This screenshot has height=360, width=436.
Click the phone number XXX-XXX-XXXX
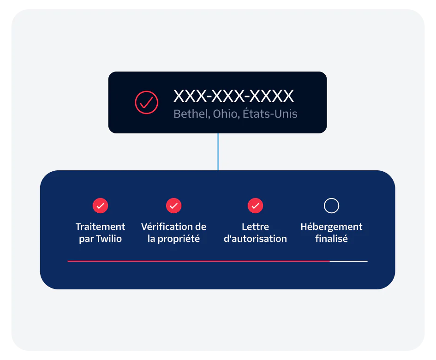[233, 96]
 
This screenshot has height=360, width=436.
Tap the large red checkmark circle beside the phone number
[146, 102]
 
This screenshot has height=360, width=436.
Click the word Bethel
[190, 114]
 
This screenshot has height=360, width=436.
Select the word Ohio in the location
[225, 114]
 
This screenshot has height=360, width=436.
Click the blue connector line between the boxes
[218, 152]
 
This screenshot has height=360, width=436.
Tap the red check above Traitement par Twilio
[100, 206]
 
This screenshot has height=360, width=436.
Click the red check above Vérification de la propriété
[173, 206]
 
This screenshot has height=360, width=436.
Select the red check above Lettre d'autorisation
[255, 206]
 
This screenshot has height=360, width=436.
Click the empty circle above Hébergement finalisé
[331, 206]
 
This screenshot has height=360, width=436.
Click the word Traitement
[100, 227]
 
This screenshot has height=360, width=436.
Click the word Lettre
[255, 227]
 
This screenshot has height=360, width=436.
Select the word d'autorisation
[255, 239]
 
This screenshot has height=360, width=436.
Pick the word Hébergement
[331, 227]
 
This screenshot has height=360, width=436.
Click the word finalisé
[331, 239]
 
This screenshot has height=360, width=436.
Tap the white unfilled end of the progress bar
[349, 261]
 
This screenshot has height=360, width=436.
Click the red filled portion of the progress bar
[198, 261]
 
